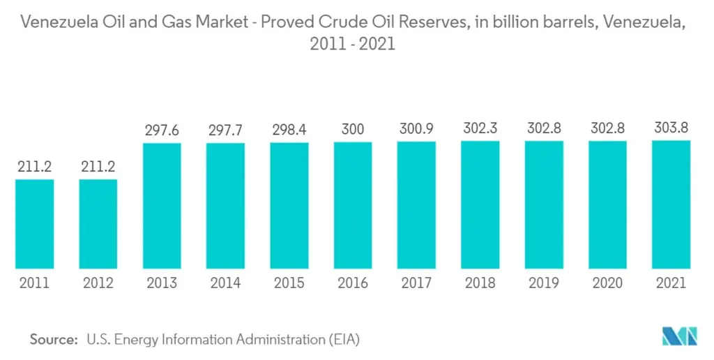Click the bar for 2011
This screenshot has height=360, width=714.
coord(34,224)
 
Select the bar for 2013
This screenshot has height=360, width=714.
coord(162,206)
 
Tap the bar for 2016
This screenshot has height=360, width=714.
coord(353,205)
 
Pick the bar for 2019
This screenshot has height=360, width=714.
coord(544,204)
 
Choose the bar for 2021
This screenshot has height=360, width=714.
coord(671,204)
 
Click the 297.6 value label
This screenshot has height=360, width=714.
coord(162,130)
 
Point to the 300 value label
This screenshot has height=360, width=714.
coord(353,130)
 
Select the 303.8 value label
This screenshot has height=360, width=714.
coord(671,128)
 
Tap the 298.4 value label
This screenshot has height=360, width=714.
coord(289,130)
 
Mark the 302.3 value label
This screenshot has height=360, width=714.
coord(480,129)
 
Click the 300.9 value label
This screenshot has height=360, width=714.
coord(416,130)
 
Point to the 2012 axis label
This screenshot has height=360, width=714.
coord(98,283)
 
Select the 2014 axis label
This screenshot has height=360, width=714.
coord(225,283)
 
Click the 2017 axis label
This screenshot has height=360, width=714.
coord(416,283)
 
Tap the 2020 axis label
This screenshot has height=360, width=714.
coord(607,283)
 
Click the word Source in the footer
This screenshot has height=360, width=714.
coord(52,340)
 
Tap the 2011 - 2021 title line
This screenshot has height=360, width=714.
coord(353,44)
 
